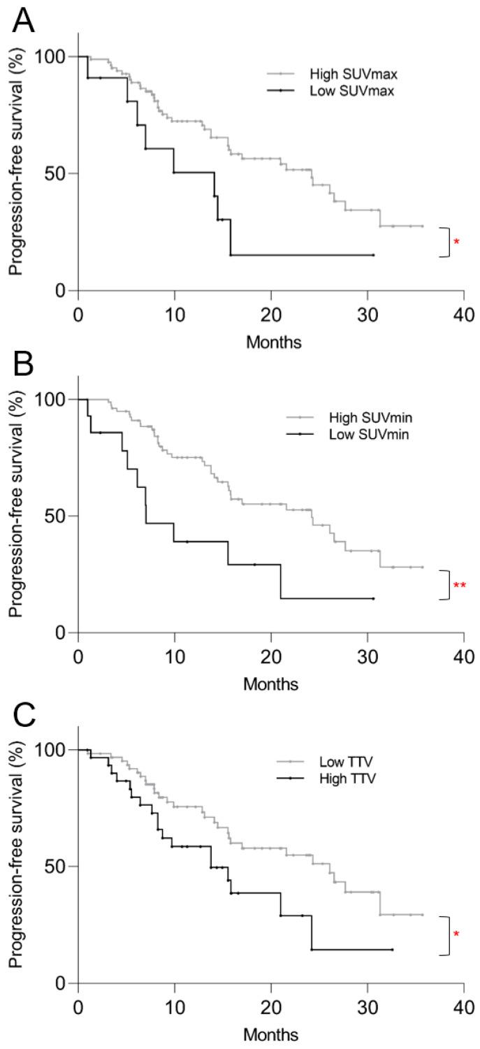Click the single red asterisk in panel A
pos(457,243)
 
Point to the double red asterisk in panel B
pos(460,585)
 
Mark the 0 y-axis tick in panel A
pos(61,290)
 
